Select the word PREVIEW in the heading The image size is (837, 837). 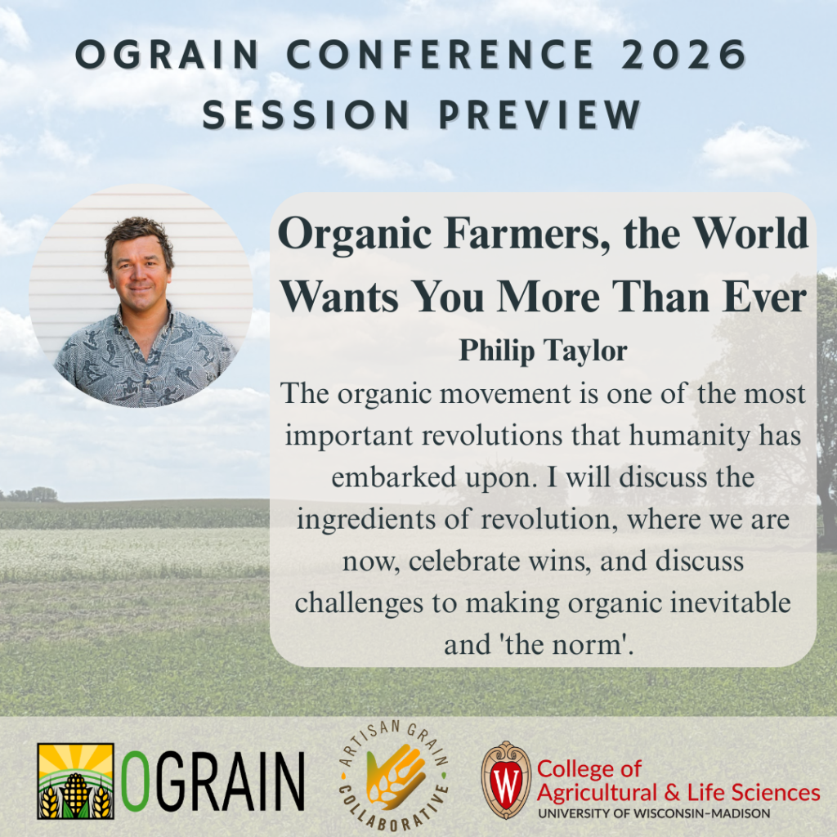coord(539,114)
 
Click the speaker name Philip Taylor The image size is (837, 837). coord(543,351)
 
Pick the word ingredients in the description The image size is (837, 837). coord(366,519)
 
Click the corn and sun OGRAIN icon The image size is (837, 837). coord(75,781)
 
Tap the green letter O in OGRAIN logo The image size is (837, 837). coord(133,781)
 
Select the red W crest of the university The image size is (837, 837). coord(506,781)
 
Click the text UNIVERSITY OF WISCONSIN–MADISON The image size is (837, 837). coord(654,814)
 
